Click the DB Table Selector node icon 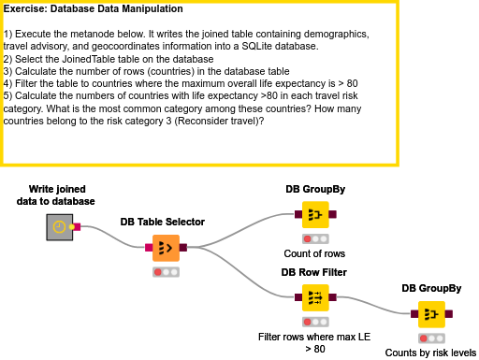coord(167,248)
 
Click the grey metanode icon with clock coord(59,226)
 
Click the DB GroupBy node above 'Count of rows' coord(315,215)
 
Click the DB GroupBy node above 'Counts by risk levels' coord(431,314)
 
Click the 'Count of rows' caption coord(315,253)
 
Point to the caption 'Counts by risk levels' coord(431,353)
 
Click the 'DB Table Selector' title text coord(162,222)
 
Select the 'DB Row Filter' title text coord(314,272)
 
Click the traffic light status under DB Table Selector coord(167,272)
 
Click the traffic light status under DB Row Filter coord(315,321)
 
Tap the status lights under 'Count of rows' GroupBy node coord(315,238)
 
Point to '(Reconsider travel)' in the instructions coord(217,119)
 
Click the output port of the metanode coord(74,226)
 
